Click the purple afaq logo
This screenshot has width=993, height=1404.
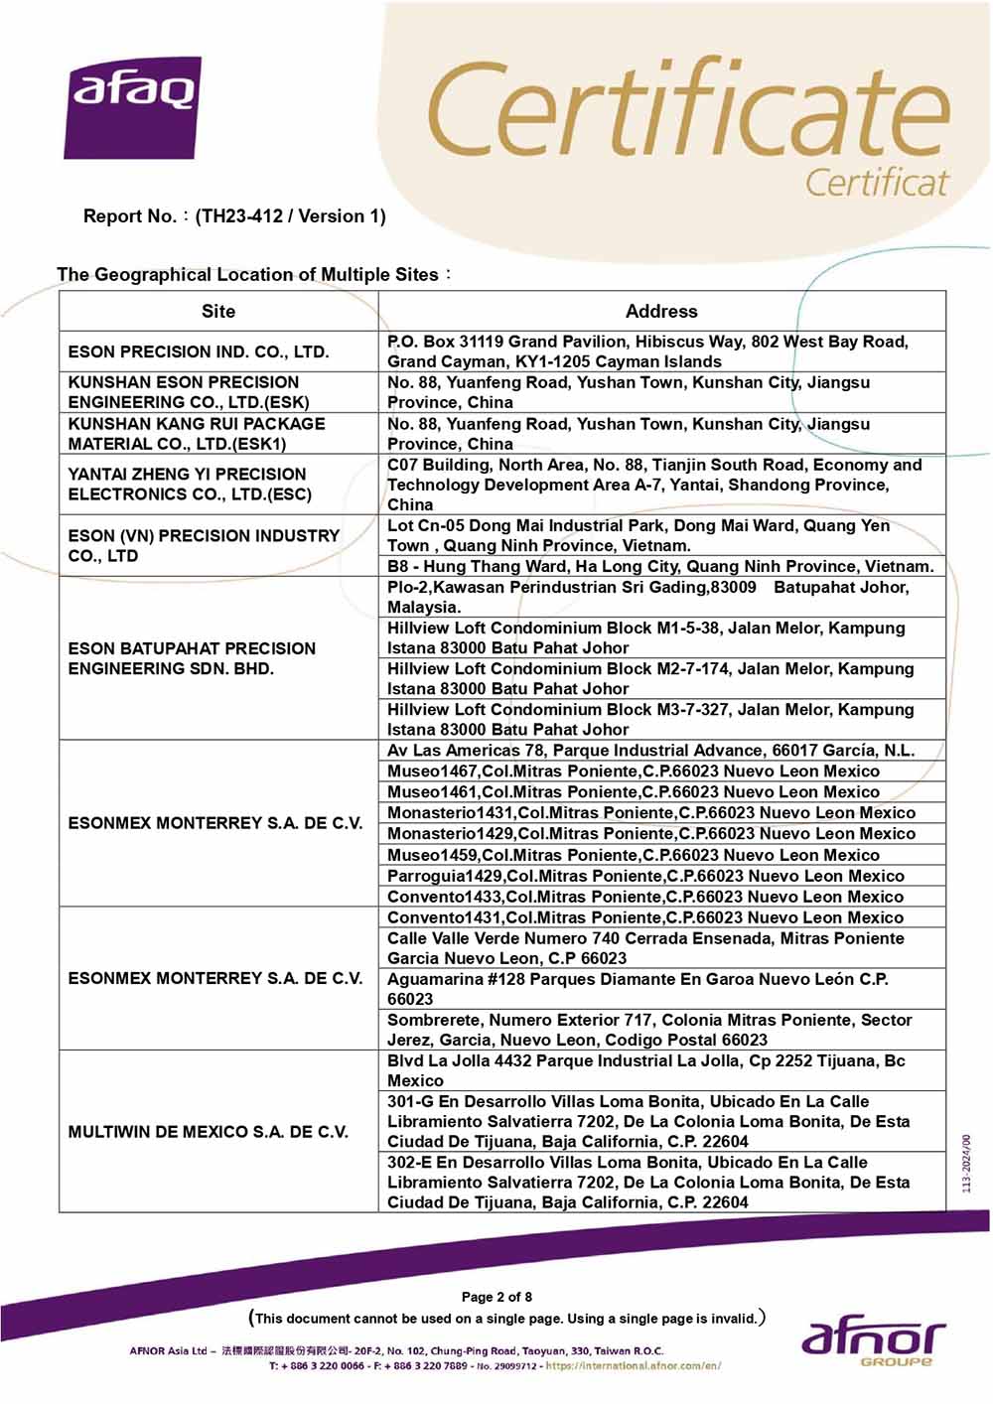click(133, 107)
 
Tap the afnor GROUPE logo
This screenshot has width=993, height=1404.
click(873, 1341)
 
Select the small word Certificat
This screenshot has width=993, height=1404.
click(876, 183)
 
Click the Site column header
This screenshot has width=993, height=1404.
click(218, 311)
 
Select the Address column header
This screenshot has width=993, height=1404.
click(661, 311)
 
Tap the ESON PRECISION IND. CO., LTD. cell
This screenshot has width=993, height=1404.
click(199, 351)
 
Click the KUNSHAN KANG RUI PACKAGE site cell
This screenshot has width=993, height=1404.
click(197, 434)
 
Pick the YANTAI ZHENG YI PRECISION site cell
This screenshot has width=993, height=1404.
click(190, 485)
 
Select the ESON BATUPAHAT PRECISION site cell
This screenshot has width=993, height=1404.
click(192, 658)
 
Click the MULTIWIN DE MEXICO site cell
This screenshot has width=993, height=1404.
click(209, 1132)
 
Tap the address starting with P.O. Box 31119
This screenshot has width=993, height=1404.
click(647, 351)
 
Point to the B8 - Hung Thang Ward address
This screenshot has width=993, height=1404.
click(660, 567)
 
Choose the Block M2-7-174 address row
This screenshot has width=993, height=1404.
click(650, 678)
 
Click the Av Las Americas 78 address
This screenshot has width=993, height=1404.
click(651, 751)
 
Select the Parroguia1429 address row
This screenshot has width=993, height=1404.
click(645, 876)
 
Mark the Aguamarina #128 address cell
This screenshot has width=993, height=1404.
click(638, 989)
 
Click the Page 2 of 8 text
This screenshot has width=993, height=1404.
click(496, 1297)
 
